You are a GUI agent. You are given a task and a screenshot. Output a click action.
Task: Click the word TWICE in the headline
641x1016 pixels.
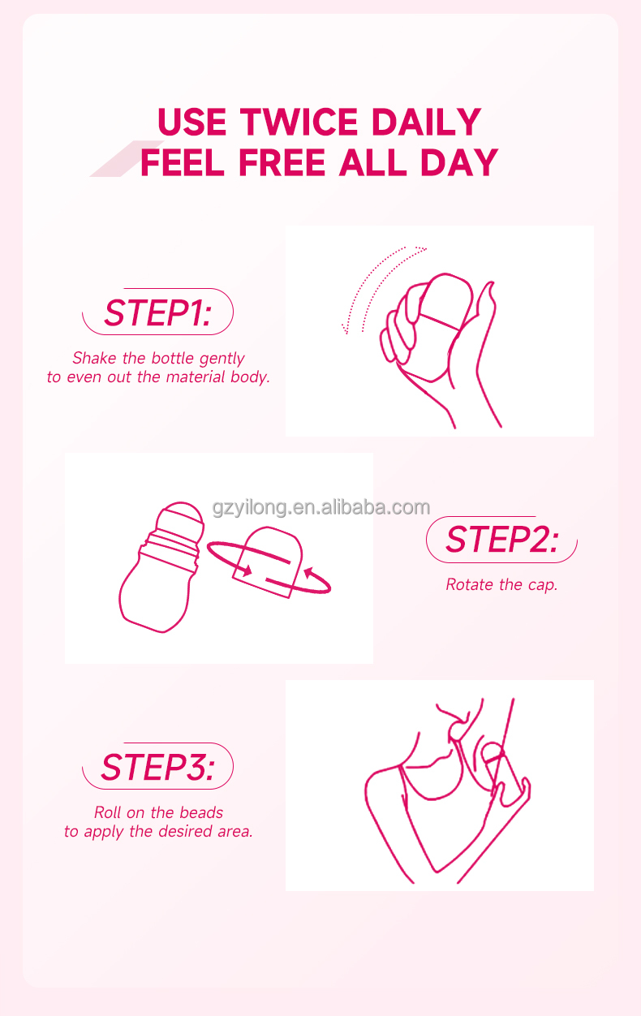pyautogui.click(x=299, y=122)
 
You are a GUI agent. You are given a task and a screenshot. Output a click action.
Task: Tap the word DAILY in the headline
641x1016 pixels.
pyautogui.click(x=427, y=122)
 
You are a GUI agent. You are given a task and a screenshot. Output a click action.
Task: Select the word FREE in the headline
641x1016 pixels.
pyautogui.click(x=282, y=162)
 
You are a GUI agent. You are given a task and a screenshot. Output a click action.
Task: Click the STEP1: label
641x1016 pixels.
pyautogui.click(x=158, y=312)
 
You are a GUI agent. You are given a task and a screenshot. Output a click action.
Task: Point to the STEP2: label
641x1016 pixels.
pyautogui.click(x=501, y=540)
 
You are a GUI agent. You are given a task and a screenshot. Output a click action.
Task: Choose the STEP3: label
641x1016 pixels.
pyautogui.click(x=157, y=767)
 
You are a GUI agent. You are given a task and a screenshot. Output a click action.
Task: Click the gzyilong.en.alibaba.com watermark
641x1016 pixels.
pyautogui.click(x=321, y=507)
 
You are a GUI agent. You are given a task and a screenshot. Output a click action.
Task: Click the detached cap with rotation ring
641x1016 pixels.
pyautogui.click(x=269, y=562)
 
